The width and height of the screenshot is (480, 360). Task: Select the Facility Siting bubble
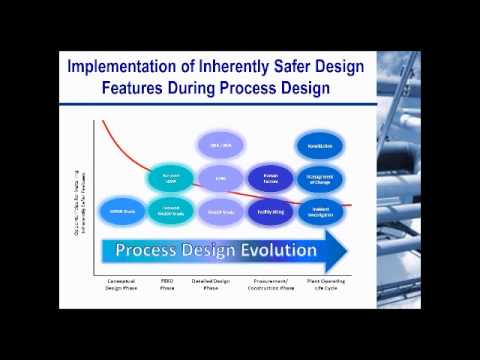pyautogui.click(x=270, y=212)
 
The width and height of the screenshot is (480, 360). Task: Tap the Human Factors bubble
pyautogui.click(x=270, y=178)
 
